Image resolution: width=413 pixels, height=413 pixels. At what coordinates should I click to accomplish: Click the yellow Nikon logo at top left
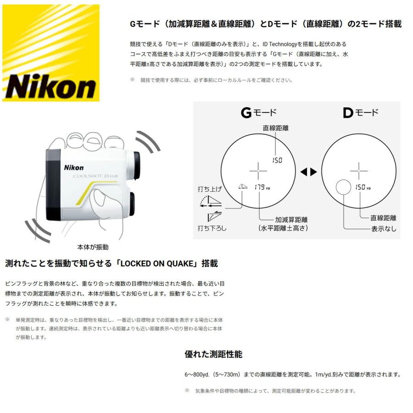click(51, 53)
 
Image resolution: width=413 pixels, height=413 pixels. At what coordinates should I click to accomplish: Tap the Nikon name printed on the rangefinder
click(73, 168)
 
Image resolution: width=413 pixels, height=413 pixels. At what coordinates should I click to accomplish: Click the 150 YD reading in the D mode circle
click(362, 187)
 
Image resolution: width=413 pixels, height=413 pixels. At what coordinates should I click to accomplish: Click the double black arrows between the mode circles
click(309, 172)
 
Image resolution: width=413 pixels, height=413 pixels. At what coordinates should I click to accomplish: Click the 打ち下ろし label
click(212, 228)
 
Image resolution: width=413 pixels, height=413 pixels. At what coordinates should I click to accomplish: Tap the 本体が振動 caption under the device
click(93, 247)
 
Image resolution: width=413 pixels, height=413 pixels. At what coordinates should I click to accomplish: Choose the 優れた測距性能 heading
click(213, 354)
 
